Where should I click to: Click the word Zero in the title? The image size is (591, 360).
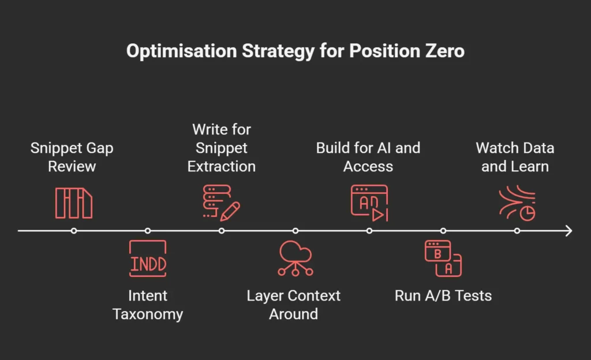445,51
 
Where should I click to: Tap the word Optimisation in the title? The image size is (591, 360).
181,51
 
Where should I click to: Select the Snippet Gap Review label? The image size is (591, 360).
72,157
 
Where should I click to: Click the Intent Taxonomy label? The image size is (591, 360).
148,305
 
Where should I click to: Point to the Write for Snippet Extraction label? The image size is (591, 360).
222,148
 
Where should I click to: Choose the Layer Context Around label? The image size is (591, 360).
294,305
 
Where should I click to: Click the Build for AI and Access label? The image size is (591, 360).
368,157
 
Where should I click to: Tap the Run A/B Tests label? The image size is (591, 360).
443,295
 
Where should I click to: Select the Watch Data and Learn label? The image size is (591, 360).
515,157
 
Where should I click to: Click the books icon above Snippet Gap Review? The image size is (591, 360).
74,203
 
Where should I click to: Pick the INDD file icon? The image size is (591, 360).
148,258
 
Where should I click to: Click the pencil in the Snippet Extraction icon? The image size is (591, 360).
230,212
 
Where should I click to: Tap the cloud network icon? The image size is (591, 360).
295,258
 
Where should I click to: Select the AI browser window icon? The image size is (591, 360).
369,202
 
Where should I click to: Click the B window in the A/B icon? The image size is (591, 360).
437,251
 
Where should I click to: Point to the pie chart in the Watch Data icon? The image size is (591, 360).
528,213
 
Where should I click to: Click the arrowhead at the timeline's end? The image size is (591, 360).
568,230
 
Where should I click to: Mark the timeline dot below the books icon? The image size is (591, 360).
74,230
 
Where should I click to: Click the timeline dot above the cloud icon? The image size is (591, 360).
295,230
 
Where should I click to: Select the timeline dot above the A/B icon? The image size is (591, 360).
443,230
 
